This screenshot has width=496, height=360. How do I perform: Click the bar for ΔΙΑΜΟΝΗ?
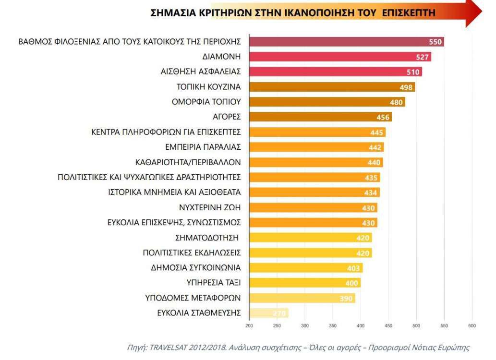pyautogui.click(x=340, y=57)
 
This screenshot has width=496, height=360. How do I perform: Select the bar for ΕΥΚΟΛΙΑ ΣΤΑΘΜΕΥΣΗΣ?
pyautogui.click(x=268, y=313)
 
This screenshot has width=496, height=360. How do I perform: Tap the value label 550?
pyautogui.click(x=435, y=42)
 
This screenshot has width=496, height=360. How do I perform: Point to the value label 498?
pyautogui.click(x=406, y=87)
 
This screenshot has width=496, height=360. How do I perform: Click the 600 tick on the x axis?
pyautogui.click(x=472, y=326)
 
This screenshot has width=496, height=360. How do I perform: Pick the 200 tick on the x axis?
pyautogui.click(x=249, y=326)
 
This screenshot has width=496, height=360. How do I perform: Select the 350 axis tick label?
pyautogui.click(x=332, y=326)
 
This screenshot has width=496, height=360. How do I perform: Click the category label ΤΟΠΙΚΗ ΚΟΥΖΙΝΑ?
pyautogui.click(x=209, y=86)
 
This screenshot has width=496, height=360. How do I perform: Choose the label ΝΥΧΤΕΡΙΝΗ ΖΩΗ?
pyautogui.click(x=209, y=207)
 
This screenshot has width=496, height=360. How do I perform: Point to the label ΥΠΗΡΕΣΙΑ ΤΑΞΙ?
pyautogui.click(x=213, y=283)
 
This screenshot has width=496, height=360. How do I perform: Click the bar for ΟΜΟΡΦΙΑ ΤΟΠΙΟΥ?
pyautogui.click(x=327, y=102)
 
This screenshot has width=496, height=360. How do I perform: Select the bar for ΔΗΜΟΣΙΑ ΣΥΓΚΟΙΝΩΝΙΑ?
pyautogui.click(x=305, y=268)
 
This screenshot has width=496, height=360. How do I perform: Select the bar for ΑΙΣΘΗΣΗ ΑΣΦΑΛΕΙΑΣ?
pyautogui.click(x=335, y=72)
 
